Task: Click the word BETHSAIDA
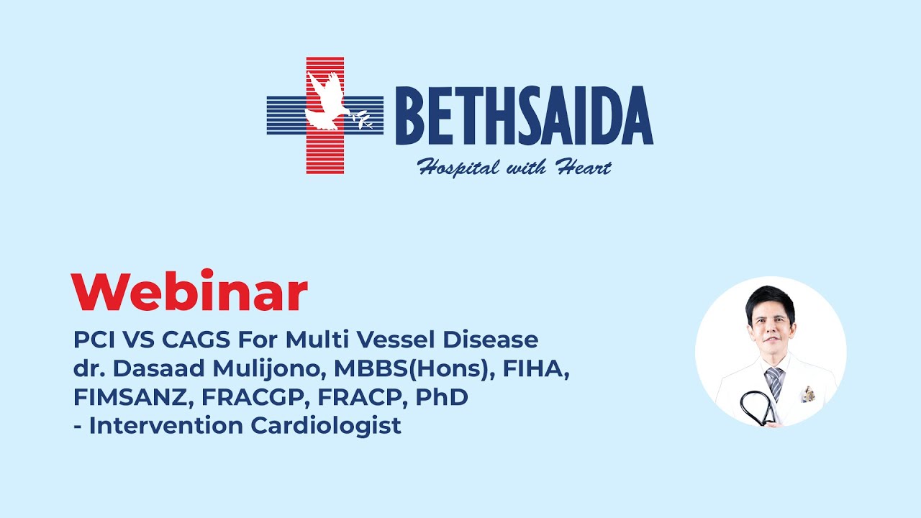pos(523,116)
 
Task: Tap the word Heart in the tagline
pos(583,168)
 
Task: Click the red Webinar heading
pos(189,292)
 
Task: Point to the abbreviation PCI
pos(94,338)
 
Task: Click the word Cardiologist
pos(326,426)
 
